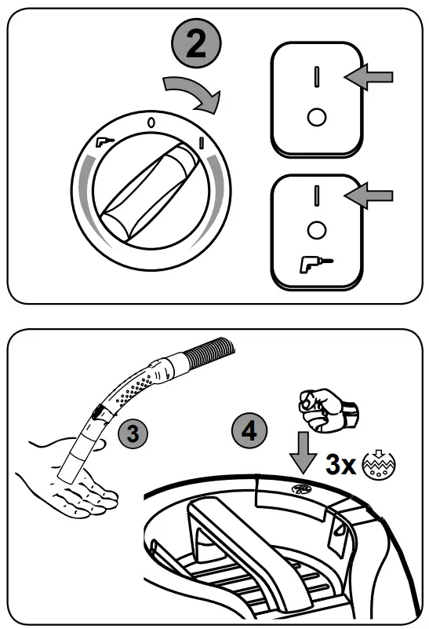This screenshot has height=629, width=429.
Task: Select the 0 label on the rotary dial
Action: point(151,123)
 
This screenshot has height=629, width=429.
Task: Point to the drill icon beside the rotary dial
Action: point(104,143)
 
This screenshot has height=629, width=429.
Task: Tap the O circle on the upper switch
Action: point(316,117)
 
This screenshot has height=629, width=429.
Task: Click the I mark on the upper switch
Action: point(316,76)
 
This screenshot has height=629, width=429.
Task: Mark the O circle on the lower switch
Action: point(316,231)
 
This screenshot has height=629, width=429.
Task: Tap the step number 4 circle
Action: point(249,430)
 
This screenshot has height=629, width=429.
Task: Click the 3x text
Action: point(340,465)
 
